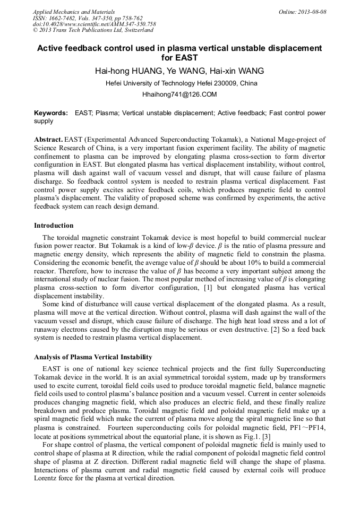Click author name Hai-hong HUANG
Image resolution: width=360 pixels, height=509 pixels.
[127, 71]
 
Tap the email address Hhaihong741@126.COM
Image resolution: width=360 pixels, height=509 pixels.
[179, 94]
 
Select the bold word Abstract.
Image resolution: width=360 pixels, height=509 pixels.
[48, 139]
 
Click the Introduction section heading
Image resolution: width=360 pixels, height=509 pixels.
[54, 226]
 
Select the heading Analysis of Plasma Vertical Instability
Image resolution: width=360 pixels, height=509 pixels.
[93, 357]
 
